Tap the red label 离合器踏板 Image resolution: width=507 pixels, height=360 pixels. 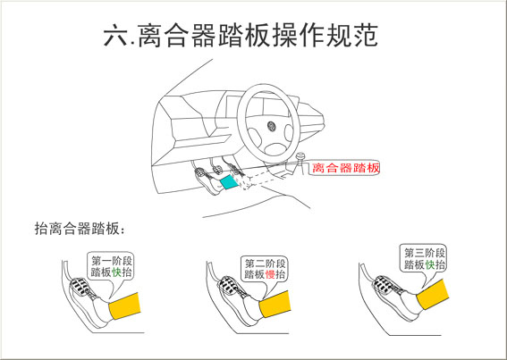point(345,168)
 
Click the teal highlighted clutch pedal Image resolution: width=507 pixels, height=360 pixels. point(229,182)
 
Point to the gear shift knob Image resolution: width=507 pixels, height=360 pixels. point(301,156)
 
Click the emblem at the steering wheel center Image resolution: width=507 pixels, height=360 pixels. point(271,126)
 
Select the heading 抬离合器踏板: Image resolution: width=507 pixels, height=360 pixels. point(80,229)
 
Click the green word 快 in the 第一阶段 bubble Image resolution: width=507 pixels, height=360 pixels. point(116,272)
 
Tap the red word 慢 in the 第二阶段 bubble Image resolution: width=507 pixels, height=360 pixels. point(270,274)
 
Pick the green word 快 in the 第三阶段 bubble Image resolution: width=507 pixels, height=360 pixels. point(430,264)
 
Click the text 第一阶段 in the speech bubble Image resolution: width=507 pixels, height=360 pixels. point(112,261)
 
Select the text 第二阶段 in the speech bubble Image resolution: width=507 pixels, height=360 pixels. point(266,264)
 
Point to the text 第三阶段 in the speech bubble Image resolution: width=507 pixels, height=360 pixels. point(425,253)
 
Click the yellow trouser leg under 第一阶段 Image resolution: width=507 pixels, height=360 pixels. point(125,306)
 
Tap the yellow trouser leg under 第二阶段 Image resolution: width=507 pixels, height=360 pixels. point(275,304)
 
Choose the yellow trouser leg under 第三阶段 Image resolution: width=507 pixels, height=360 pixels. point(432,294)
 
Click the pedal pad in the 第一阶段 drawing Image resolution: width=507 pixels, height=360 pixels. point(80,287)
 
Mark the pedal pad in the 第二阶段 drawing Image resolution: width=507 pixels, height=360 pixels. point(228,285)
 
